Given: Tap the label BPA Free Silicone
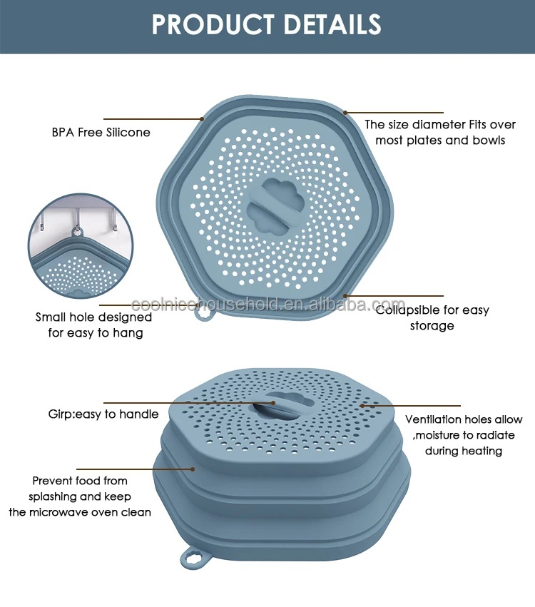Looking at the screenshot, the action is coord(101,132).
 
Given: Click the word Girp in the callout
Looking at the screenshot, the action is coord(61,414).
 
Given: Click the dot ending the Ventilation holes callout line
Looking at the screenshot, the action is coord(362,405).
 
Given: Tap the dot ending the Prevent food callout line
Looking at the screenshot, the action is coord(193,469).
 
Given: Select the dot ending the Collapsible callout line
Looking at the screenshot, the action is coord(346,295).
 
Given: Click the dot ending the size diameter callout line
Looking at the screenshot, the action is coord(345,112).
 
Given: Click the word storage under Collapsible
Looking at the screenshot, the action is coord(432,326).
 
